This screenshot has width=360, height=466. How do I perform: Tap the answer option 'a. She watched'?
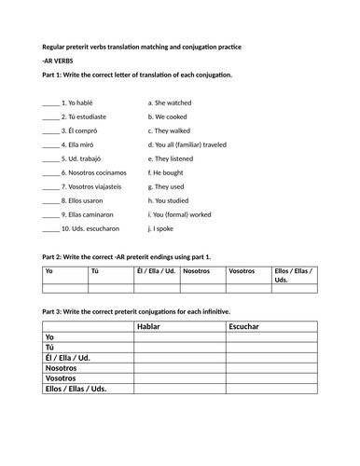coord(171,103)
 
